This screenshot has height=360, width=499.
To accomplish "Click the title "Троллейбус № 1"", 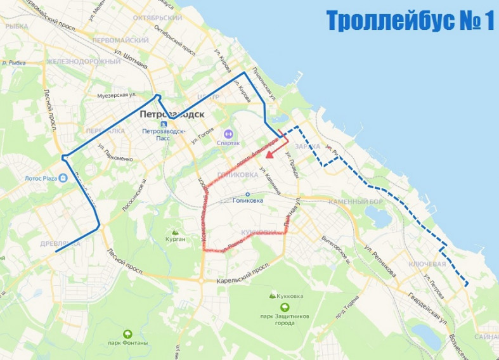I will pyautogui.click(x=410, y=20).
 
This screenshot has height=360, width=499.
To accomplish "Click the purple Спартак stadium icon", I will pyautogui.click(x=228, y=134).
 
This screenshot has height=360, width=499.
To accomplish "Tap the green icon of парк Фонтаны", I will pyautogui.click(x=127, y=333).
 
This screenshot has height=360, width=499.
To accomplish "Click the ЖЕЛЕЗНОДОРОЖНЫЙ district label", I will pyautogui.click(x=92, y=61).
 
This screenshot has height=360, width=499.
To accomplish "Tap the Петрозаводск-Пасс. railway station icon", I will pyautogui.click(x=164, y=124).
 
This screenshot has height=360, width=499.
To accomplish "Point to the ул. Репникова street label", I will pyautogui.click(x=380, y=259).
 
